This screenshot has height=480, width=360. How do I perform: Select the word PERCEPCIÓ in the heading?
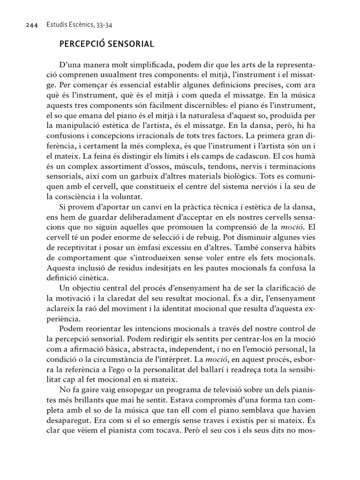(x=81, y=45)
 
